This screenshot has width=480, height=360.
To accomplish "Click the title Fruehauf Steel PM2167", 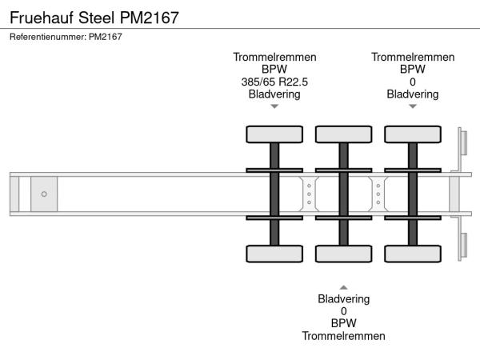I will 94,16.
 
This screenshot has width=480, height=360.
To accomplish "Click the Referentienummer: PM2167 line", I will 66,37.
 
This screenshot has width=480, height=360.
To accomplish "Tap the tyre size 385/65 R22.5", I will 274,82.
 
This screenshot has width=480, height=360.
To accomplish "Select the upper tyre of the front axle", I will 274,134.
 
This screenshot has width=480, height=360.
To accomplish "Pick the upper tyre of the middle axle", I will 343,134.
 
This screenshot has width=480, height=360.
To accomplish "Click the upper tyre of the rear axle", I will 413,134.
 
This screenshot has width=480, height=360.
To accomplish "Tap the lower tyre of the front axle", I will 274,254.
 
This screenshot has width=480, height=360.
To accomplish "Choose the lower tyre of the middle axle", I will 343,254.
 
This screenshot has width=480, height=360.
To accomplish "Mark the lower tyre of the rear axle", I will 413,254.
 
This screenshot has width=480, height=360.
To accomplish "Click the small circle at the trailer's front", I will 44,194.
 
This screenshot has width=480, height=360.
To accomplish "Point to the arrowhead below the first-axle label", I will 274,106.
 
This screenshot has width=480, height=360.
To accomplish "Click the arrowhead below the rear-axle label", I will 413,106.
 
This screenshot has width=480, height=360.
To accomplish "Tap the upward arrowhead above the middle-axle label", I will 343,286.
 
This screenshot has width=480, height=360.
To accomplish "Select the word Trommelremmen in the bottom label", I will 343,336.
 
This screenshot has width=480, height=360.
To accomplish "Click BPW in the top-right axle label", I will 413,69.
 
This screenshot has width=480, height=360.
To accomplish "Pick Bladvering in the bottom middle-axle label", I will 343,299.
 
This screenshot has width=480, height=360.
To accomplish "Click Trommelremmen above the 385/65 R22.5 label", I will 274,57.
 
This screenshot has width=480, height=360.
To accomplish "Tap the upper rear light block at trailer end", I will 462,144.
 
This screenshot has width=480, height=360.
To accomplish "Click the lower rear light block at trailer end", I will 462,244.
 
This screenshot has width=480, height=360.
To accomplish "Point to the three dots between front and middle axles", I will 309,194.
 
